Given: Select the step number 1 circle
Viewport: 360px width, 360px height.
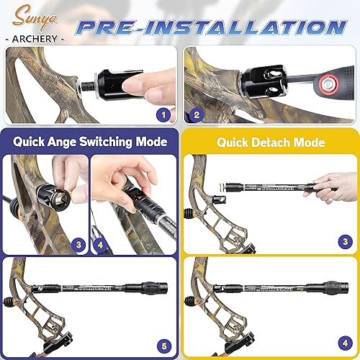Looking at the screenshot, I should pyautogui.click(x=164, y=113).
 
